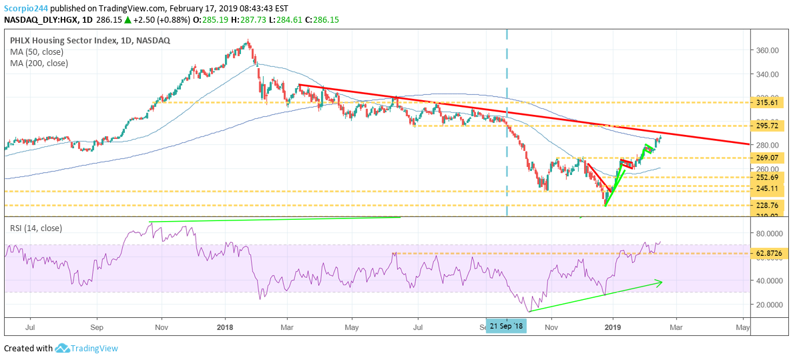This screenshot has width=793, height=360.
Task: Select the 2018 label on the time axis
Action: [x=225, y=327]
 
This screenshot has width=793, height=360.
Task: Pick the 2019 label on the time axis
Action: [x=613, y=327]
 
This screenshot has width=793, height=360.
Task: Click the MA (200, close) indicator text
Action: [x=39, y=63]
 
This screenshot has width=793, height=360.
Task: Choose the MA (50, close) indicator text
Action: [x=37, y=52]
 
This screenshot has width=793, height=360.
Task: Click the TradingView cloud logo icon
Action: [x=63, y=348]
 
